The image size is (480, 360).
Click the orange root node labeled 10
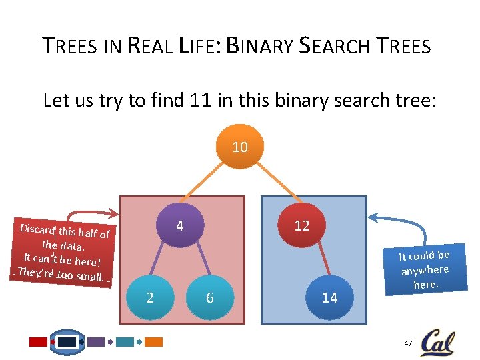pos(240,147)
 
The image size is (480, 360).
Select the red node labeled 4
pos(179,226)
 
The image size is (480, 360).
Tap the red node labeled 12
pos(301,226)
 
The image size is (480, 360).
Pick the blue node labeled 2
pos(149,297)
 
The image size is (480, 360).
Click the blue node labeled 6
pos(210,297)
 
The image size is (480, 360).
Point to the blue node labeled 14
pos(329,297)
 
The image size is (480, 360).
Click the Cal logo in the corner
pos(437,342)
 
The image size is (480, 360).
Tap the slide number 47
pos(407,343)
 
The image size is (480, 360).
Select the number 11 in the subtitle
pos(199,101)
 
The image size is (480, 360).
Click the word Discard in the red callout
pos(37,229)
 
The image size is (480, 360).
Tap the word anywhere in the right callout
pos(425,270)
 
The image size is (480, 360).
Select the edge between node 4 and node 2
pos(163,263)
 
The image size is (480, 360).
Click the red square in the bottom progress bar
pos(39,342)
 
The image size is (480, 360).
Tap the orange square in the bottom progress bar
pos(154,342)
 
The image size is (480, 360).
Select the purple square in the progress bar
pos(97,342)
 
